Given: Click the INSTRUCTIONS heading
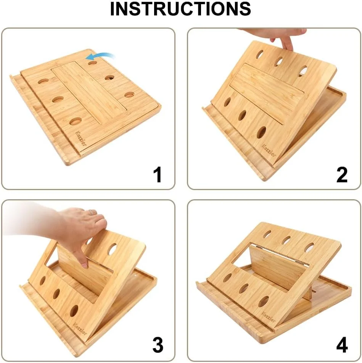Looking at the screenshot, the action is point(180,9).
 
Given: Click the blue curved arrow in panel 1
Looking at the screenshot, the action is point(100,56).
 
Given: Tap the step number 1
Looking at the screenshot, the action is point(158,174).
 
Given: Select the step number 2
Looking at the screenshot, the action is point(342,174).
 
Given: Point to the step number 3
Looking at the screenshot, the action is point(158,345).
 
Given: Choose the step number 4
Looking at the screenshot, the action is point(342,345).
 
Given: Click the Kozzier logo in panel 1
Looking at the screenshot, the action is point(81,138).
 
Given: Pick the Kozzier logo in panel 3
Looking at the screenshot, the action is point(80,329).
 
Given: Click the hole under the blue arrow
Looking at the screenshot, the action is point(92,63).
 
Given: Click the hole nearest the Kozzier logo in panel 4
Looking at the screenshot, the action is point(264,301).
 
